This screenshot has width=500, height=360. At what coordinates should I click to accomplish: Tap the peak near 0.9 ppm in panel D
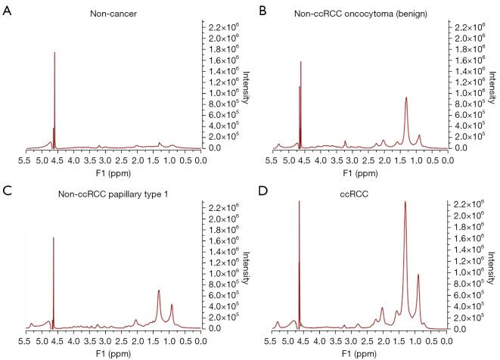(418, 275)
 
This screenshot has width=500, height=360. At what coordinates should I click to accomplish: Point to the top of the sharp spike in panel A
(54, 52)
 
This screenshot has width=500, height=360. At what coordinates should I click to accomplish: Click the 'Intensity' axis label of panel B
(495, 87)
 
